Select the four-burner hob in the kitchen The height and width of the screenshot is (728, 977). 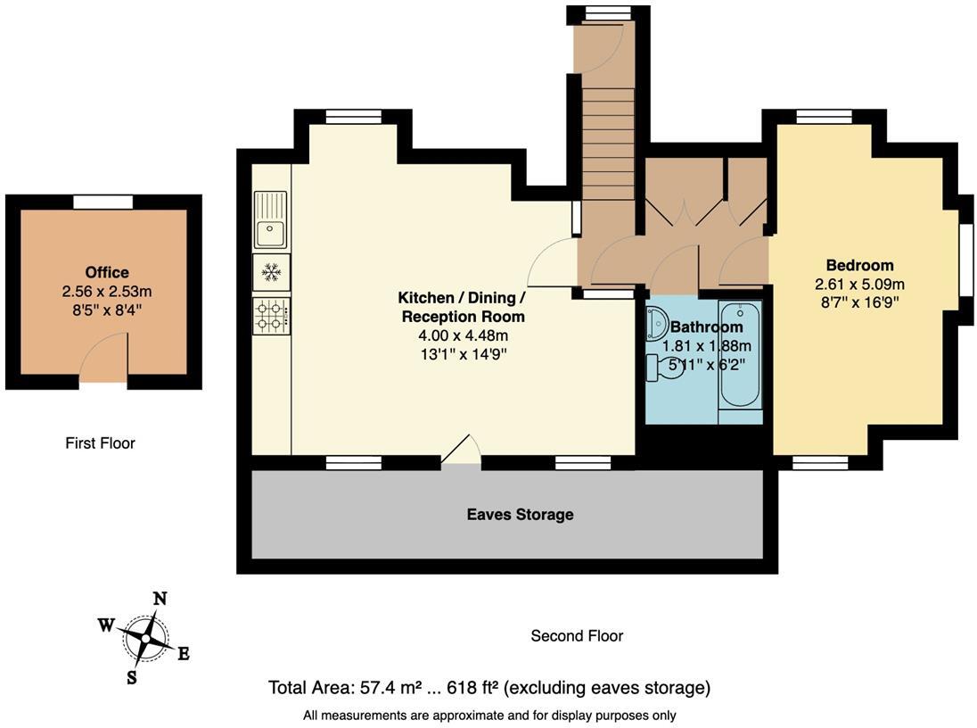coord(270,315)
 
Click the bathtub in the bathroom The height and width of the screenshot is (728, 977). coord(741,362)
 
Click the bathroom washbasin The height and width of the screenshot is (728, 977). coord(657,320)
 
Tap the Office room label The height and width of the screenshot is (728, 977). coord(107,273)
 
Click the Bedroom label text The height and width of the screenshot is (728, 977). coord(859,265)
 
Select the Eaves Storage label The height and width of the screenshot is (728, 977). coord(520,515)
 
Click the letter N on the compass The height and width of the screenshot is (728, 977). coord(160,599)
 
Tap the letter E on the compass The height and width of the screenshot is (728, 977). coord(183,654)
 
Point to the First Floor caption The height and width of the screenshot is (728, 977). coord(100,443)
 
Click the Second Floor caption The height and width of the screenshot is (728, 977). coord(577,636)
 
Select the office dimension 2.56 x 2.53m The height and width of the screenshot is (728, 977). coord(107,292)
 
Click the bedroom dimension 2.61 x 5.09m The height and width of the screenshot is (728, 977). coord(859,285)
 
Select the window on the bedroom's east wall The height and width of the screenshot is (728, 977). coord(965,260)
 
